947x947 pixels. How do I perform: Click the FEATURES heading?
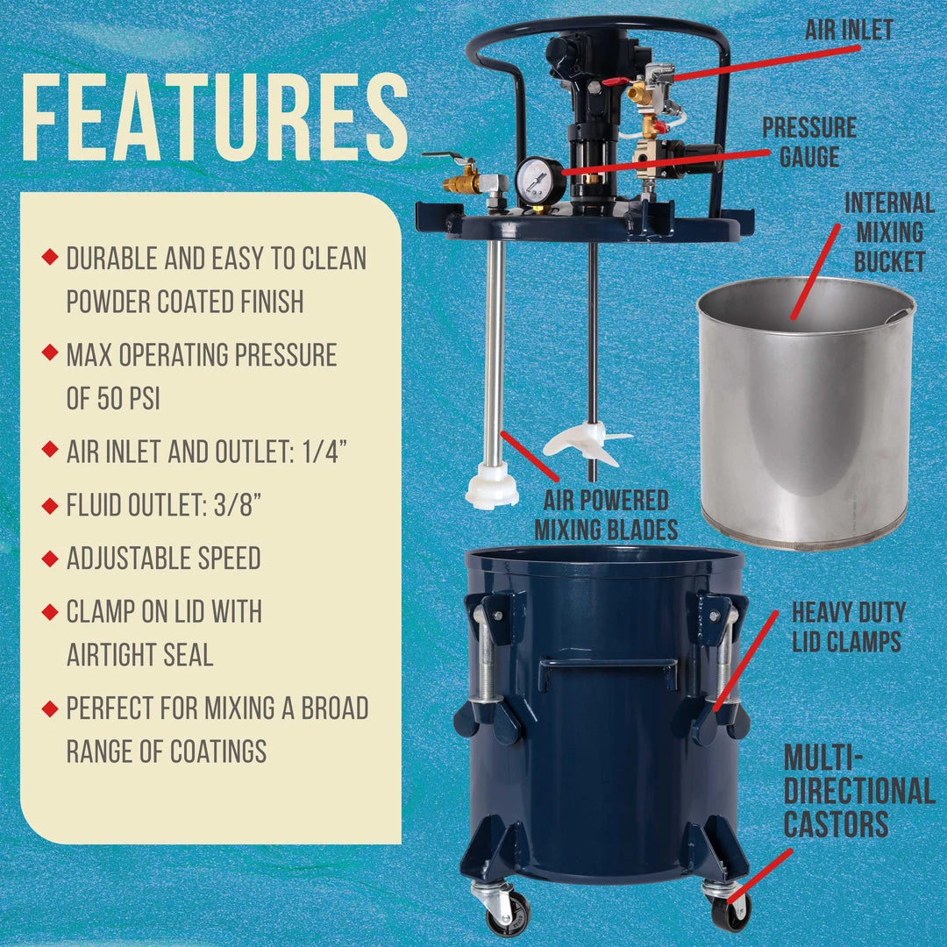[x=215, y=118]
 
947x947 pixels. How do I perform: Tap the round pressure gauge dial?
[x=534, y=181]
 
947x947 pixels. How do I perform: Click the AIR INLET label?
[x=848, y=30]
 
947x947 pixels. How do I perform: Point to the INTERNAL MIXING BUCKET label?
[x=889, y=232]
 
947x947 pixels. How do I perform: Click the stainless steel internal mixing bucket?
[x=805, y=412]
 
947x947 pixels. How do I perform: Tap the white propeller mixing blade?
[x=585, y=442]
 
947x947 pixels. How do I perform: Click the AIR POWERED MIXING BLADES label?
[x=606, y=516]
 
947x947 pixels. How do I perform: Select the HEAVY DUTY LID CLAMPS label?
[x=847, y=626]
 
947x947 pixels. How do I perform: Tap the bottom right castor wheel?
[x=730, y=908]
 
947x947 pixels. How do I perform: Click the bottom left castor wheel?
[x=508, y=911]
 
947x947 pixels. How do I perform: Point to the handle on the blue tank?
[x=608, y=670]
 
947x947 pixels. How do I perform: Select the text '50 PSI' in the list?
[x=113, y=399]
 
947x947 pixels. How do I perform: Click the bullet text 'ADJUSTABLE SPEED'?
[x=163, y=559]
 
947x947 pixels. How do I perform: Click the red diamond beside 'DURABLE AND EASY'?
[x=50, y=257]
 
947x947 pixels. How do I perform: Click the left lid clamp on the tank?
[x=489, y=666]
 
